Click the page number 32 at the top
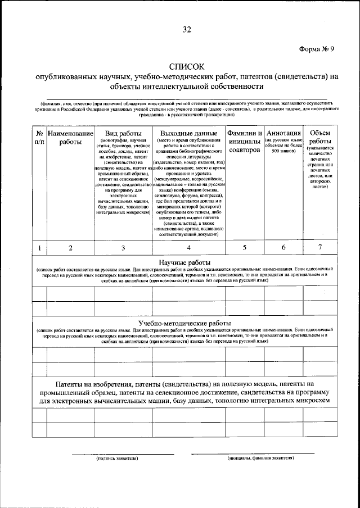pyautogui.click(x=187, y=29)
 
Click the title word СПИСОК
pyautogui.click(x=186, y=67)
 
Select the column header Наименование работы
pyautogui.click(x=70, y=138)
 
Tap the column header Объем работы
pyautogui.click(x=320, y=137)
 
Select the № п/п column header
pyautogui.click(x=39, y=138)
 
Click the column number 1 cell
pyautogui.click(x=39, y=248)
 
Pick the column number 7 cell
pyautogui.click(x=320, y=248)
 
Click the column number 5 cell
pyautogui.click(x=245, y=248)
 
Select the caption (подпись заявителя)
pyautogui.click(x=116, y=459)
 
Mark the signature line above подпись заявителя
pyautogui.click(x=116, y=453)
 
